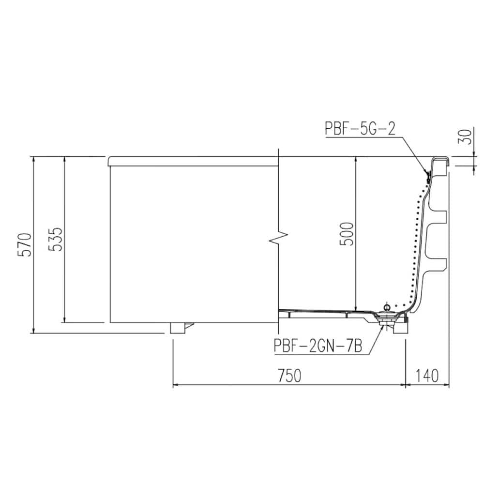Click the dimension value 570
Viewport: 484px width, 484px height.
point(24,244)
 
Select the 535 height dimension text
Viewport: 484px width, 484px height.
point(56,239)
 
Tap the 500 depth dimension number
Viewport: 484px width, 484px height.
point(347,234)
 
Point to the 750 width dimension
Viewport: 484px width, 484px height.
point(289,376)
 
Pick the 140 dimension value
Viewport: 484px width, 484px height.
point(427,376)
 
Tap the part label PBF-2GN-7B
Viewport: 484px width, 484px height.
point(318,346)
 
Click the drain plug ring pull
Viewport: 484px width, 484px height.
point(386,307)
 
